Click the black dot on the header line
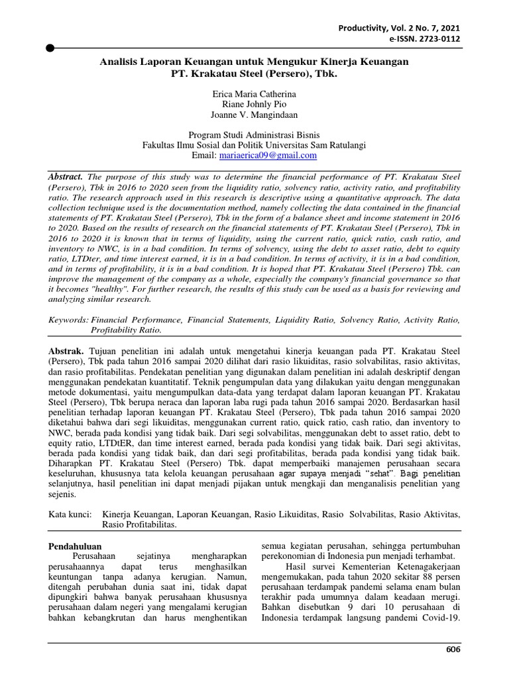click(x=50, y=48)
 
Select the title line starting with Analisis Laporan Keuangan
click(x=254, y=62)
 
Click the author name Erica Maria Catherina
click(x=254, y=95)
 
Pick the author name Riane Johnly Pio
click(x=254, y=105)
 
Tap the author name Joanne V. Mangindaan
click(x=254, y=116)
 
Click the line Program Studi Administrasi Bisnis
click(x=254, y=134)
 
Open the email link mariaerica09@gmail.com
click(x=267, y=156)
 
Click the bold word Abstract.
click(x=66, y=177)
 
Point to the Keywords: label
click(x=69, y=320)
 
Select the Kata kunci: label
click(x=72, y=514)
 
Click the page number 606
click(x=453, y=649)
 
